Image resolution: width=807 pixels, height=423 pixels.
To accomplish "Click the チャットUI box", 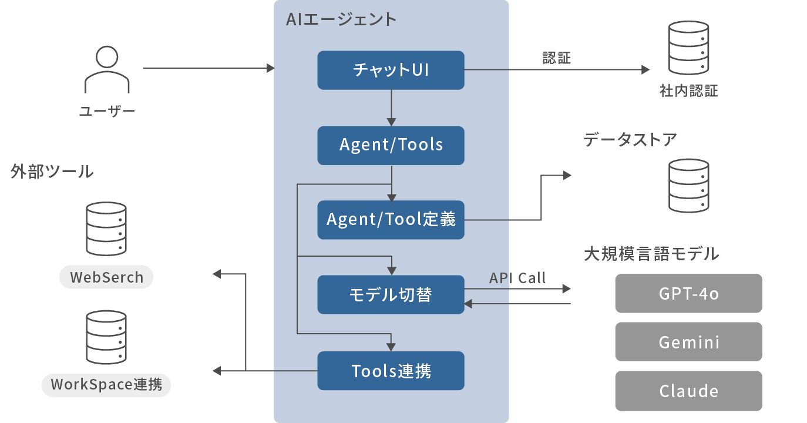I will click(391, 70).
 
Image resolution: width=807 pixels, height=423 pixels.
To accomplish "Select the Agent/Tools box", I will click(391, 145).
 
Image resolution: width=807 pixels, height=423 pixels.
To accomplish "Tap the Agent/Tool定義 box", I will click(391, 220).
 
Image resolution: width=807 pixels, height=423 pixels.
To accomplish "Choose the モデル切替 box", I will click(391, 294).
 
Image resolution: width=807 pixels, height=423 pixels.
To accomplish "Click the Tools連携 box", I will click(391, 371).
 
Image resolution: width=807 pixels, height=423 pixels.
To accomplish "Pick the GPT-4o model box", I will click(688, 293).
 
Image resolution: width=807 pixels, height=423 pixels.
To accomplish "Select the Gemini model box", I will click(688, 341).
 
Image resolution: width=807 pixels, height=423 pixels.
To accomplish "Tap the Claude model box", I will click(688, 391).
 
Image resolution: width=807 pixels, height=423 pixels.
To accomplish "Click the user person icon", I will click(107, 69).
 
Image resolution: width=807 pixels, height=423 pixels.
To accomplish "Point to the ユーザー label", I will click(107, 111).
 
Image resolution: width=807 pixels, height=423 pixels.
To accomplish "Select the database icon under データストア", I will click(688, 186).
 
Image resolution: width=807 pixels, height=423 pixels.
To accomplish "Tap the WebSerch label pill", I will click(106, 277).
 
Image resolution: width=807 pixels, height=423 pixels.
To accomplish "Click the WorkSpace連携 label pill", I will click(106, 385).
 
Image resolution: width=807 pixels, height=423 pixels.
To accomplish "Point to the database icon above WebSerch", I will click(106, 229).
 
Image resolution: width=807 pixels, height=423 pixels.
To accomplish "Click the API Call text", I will click(517, 277).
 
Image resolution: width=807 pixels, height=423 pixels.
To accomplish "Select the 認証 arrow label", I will click(556, 58).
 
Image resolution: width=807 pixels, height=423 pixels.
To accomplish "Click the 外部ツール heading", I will click(52, 172).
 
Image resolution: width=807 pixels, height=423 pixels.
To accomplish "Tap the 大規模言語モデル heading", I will click(651, 254).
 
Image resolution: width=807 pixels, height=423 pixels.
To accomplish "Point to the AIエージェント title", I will click(341, 19).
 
